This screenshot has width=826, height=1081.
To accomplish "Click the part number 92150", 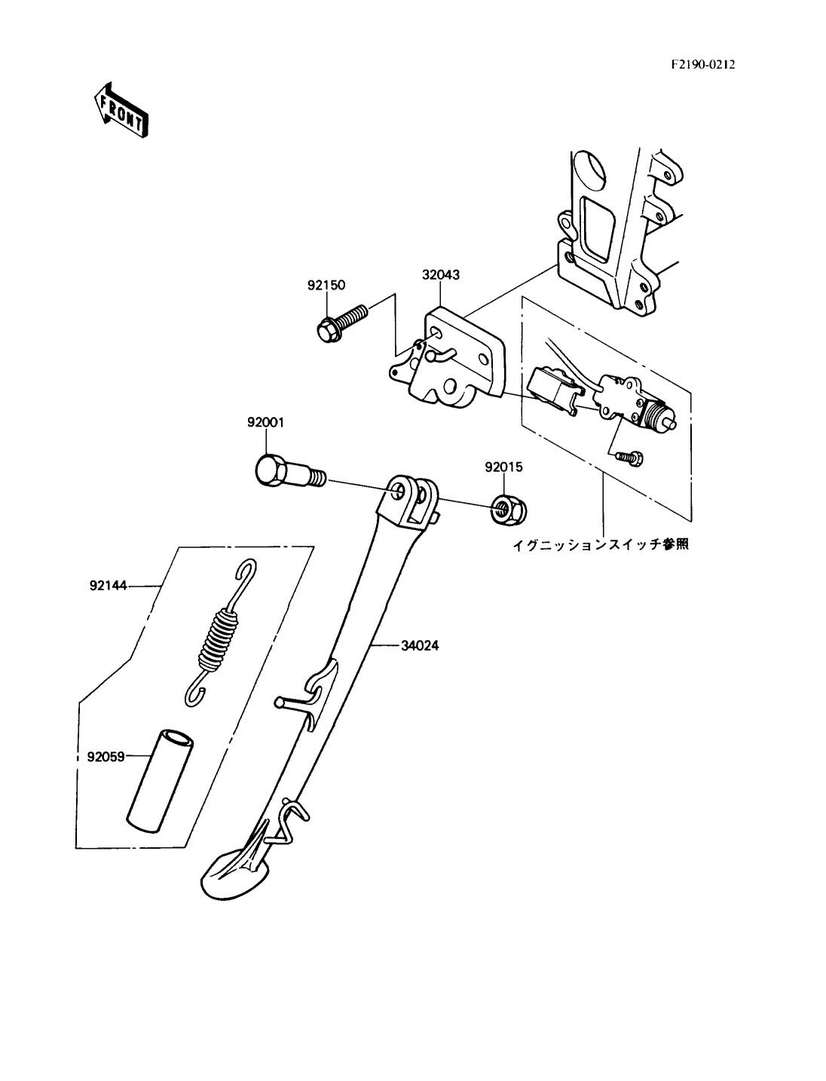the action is [326, 285].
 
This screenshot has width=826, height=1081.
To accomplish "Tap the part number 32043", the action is [440, 275].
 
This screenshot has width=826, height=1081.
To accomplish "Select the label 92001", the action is [265, 422].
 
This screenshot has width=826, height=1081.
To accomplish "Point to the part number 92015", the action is [503, 467].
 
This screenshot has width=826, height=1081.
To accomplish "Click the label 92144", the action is [108, 586].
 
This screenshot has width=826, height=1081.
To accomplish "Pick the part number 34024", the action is [419, 645].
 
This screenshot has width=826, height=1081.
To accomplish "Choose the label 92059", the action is [106, 756].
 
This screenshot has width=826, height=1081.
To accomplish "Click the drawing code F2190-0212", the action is [703, 65].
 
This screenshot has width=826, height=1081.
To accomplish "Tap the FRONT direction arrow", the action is [121, 110].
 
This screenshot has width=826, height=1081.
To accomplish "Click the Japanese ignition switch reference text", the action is [600, 545].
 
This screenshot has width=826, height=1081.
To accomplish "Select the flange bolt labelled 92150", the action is [341, 323].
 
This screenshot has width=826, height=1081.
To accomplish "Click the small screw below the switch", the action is [629, 458].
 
